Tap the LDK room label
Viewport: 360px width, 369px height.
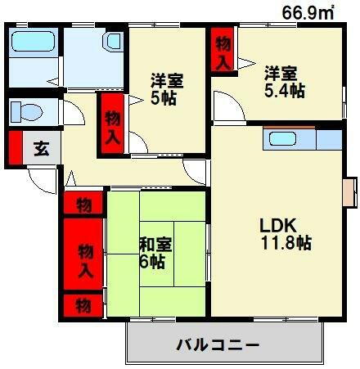[279, 225]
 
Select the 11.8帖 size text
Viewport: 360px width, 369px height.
[285, 243]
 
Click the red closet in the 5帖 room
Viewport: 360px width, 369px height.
[112, 124]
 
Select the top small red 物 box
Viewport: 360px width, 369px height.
[84, 204]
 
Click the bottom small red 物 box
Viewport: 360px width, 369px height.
[84, 306]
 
